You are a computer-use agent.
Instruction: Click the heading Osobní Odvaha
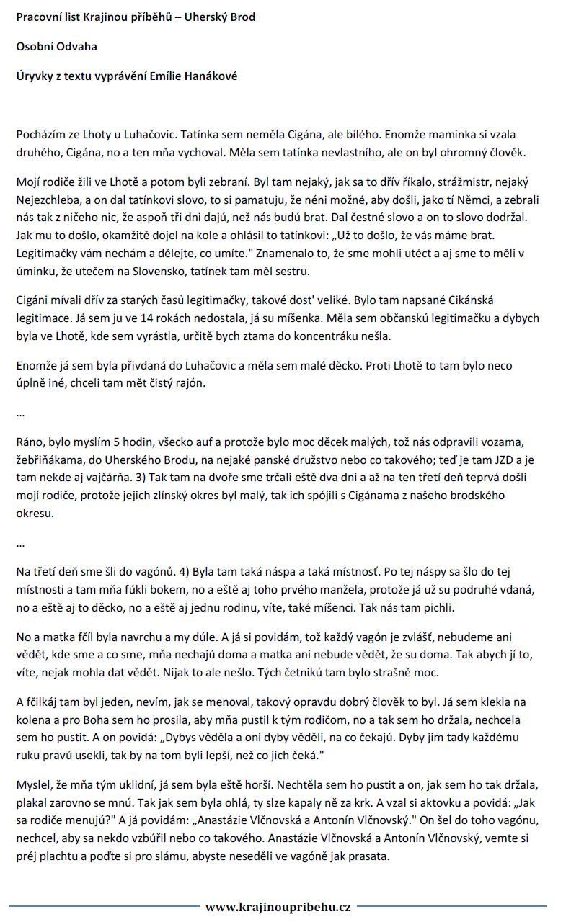point(56,47)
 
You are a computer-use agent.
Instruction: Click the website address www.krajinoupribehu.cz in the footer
point(278,907)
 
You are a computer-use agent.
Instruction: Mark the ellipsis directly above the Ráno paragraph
point(20,414)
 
